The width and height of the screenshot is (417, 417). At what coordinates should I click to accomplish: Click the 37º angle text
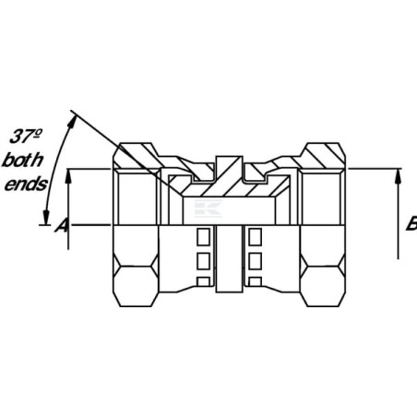[x=26, y=137]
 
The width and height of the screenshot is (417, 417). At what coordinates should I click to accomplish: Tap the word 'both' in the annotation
[x=22, y=161]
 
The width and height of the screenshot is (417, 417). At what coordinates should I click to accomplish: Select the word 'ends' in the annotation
[x=26, y=185]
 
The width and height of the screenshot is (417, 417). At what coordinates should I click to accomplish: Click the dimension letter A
[x=62, y=225]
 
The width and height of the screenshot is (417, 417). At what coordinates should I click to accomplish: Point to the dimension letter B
[x=411, y=223]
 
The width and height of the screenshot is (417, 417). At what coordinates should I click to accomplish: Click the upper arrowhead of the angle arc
[x=72, y=121]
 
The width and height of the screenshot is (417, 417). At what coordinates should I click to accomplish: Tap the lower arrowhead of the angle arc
[x=46, y=217]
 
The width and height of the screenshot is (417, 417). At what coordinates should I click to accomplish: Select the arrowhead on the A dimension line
[x=68, y=176]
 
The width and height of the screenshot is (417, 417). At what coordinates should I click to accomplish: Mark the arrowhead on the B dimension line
[x=399, y=176]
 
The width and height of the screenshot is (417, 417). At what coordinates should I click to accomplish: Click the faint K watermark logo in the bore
[x=208, y=208]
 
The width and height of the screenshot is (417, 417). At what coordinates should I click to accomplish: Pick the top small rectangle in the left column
[x=203, y=237]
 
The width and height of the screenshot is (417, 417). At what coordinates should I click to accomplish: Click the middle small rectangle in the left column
[x=203, y=261]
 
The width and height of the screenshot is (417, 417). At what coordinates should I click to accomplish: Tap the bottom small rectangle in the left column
[x=203, y=281]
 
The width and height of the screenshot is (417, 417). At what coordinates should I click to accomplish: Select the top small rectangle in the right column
[x=256, y=237]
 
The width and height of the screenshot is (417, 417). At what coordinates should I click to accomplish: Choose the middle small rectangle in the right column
[x=256, y=261]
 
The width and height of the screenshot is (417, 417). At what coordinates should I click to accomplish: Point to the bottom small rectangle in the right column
[x=256, y=281]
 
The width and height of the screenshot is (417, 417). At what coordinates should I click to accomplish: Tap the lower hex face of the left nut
[x=136, y=286]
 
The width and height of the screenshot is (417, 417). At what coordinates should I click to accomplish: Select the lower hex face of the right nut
[x=323, y=286]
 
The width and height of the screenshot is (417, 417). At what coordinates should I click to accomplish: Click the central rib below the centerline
[x=230, y=258]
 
